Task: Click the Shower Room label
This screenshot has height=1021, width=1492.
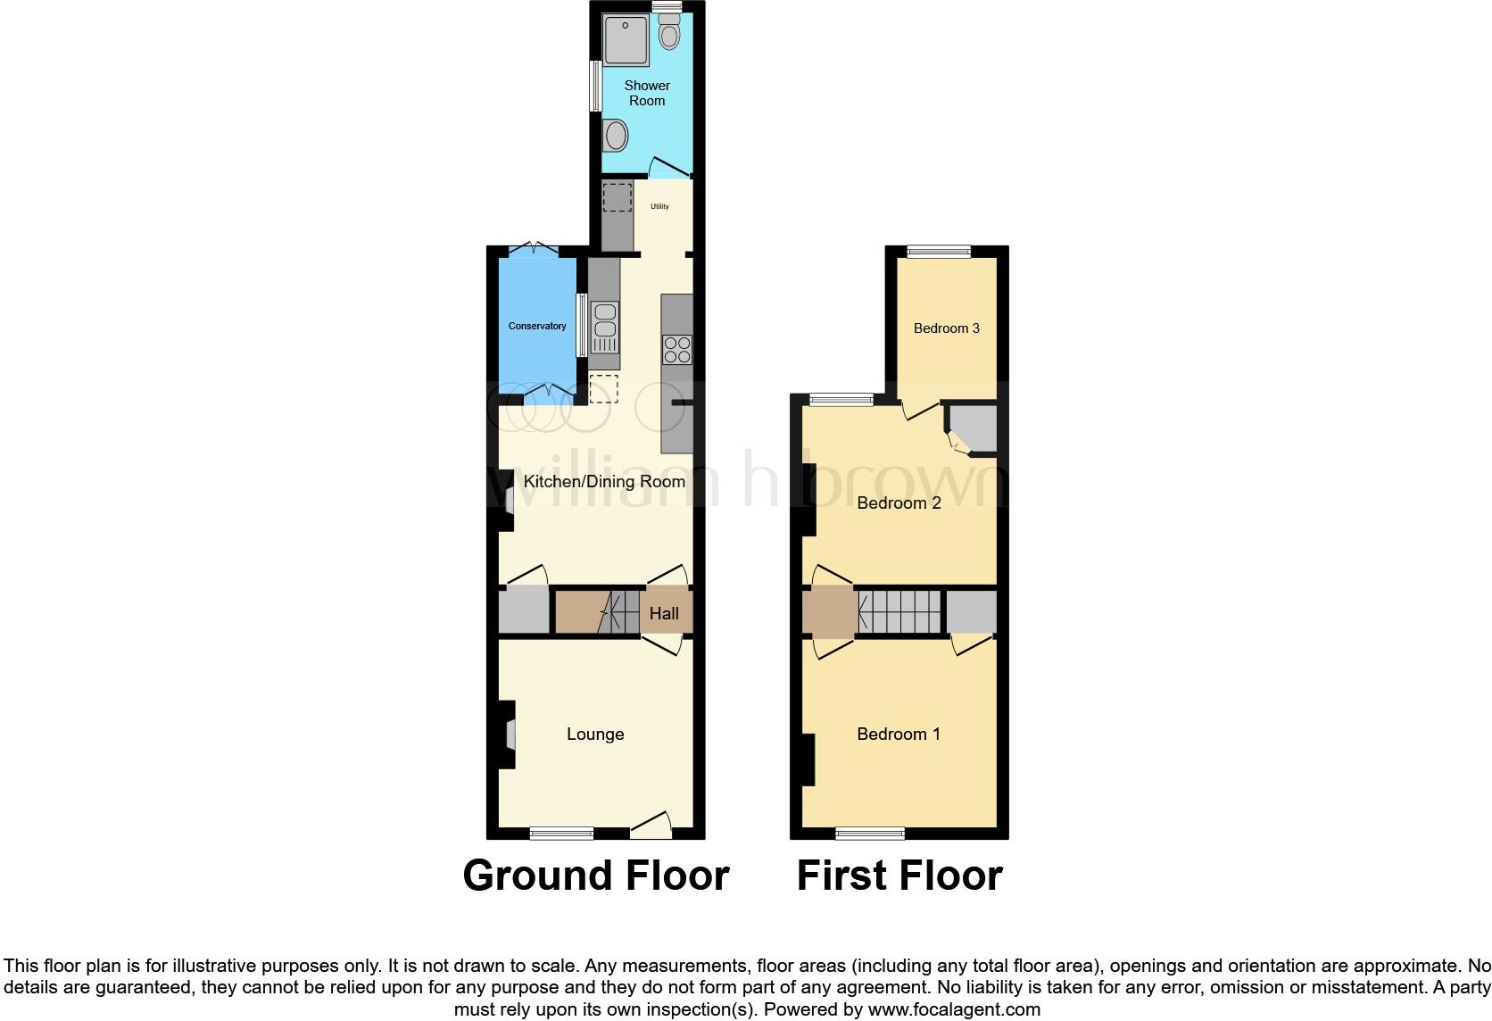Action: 647,93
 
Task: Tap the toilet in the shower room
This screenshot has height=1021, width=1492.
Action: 668,34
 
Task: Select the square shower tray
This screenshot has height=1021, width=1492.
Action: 626,40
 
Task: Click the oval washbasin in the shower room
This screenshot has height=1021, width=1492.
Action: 616,137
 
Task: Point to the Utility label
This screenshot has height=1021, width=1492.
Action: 659,206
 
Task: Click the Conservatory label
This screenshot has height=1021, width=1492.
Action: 537,326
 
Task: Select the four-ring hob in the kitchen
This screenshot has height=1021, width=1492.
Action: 677,349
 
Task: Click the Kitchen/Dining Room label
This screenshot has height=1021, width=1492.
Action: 604,482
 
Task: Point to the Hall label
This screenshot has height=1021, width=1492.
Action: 664,613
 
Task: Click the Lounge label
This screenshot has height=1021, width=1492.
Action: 595,734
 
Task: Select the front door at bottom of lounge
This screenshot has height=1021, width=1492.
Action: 651,826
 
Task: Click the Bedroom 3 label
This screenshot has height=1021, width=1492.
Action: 946,328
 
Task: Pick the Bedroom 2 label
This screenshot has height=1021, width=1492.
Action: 899,503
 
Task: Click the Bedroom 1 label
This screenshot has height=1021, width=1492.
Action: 899,734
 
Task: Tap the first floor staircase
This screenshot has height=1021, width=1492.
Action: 899,611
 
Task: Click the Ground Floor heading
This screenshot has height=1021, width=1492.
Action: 596,876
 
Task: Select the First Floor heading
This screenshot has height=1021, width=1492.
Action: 899,876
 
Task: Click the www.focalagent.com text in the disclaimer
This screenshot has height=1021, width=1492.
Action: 954,1009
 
